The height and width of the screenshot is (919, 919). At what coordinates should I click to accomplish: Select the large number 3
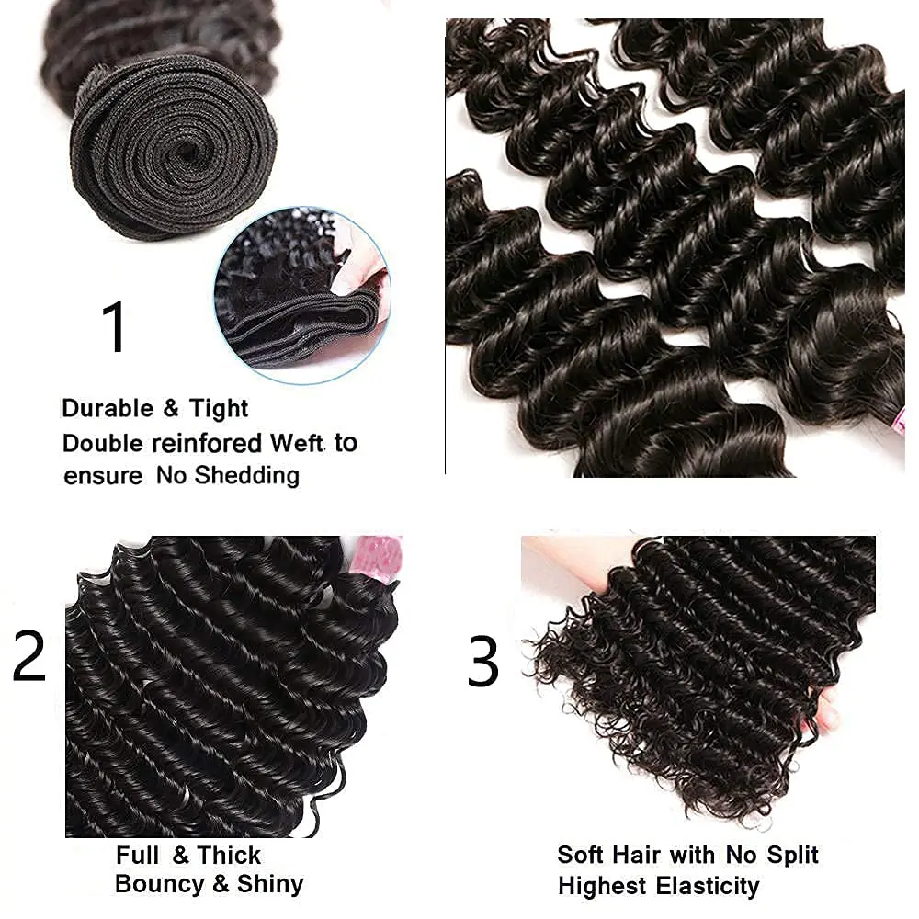[x=483, y=661]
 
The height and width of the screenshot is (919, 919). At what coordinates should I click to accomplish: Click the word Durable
[x=108, y=408]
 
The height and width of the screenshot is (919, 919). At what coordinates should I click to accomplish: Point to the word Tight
[x=219, y=409]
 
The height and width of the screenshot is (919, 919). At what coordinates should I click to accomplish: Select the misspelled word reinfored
[x=206, y=443]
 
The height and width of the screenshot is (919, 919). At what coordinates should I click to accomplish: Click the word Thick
[x=229, y=855]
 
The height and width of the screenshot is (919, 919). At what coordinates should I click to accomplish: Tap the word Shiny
[x=270, y=885]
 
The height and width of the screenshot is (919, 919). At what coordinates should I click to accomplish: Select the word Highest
[x=602, y=887]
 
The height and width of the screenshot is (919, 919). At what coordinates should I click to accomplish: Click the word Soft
[x=581, y=855]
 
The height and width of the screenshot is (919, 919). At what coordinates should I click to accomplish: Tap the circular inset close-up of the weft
[x=302, y=295]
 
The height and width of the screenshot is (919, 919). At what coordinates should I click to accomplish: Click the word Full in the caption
[x=137, y=855]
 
